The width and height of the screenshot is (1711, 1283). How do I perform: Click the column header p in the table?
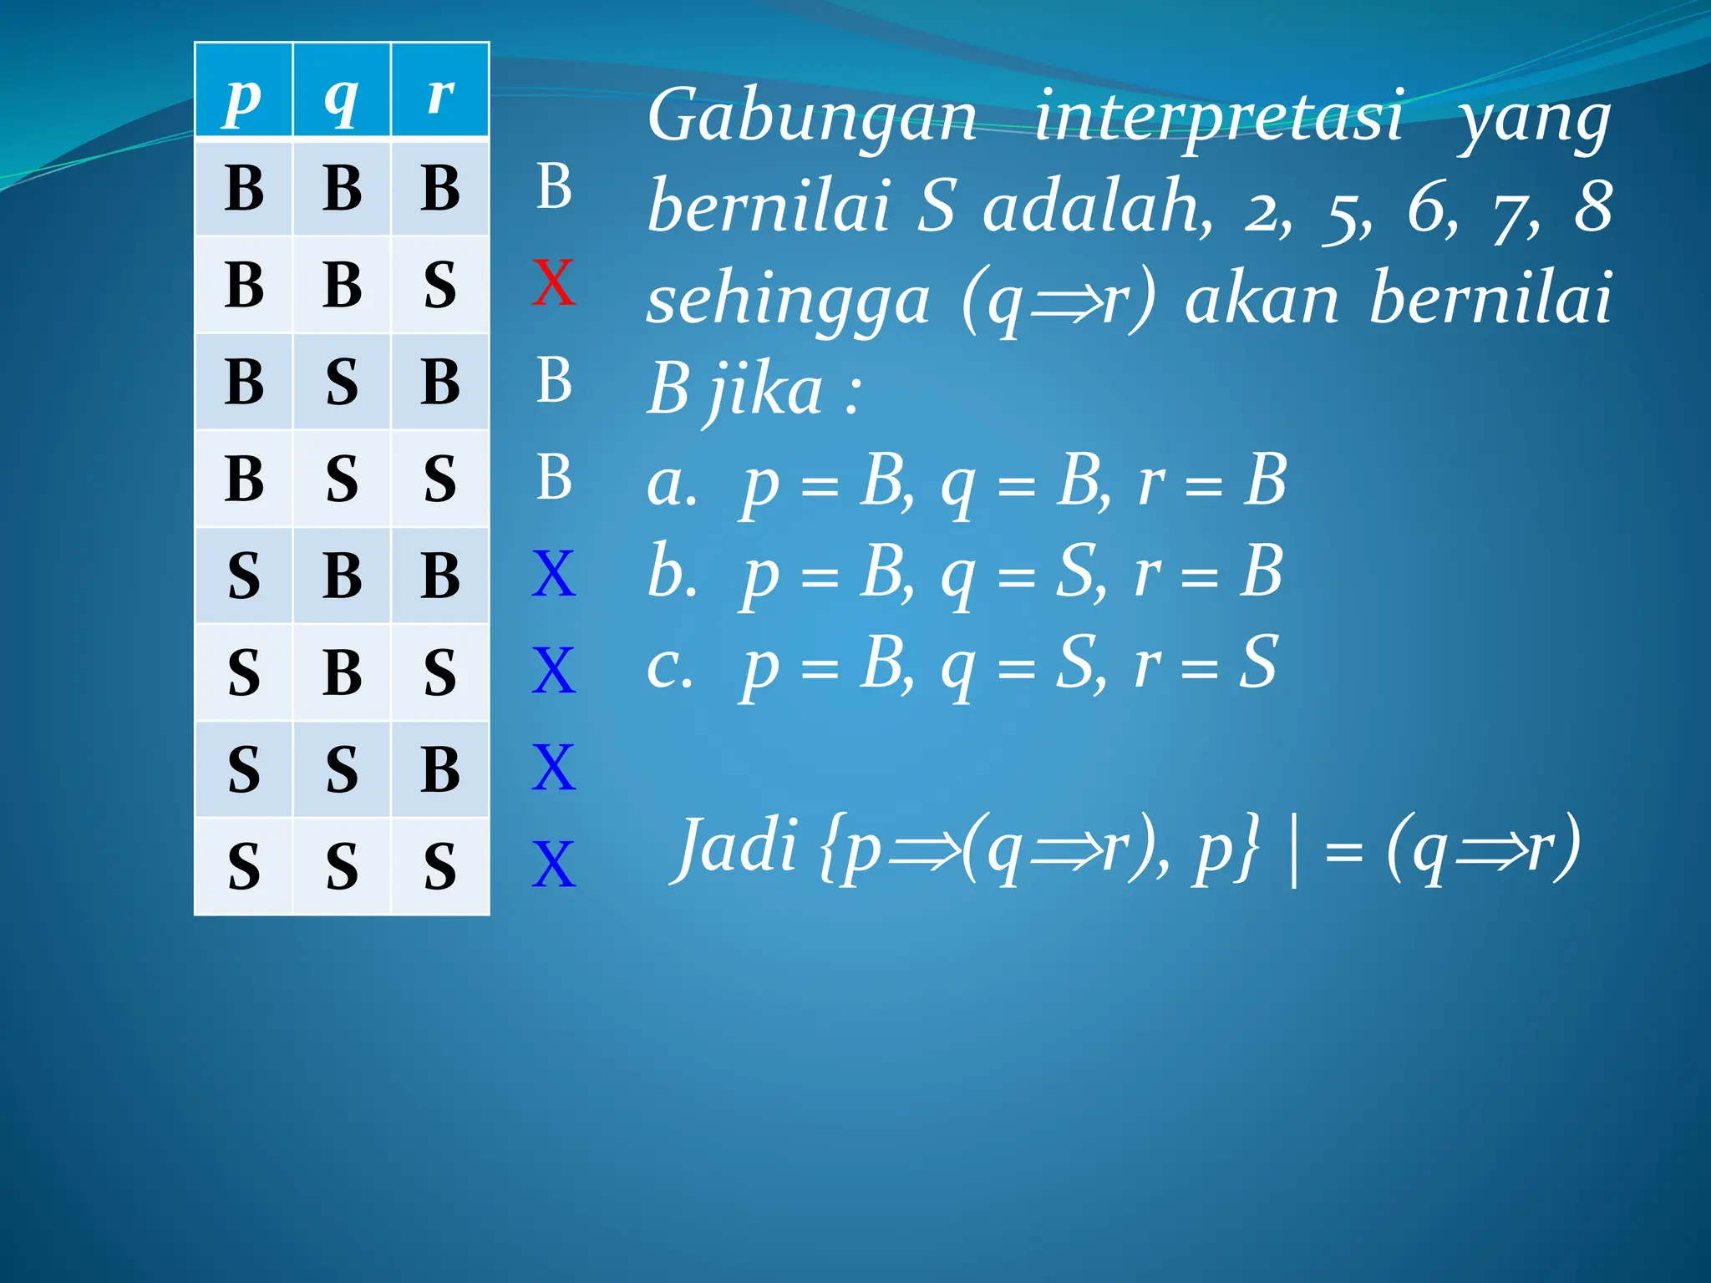243,98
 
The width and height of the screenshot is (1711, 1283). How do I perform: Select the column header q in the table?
342,98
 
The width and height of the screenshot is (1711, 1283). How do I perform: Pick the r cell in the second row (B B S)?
440,285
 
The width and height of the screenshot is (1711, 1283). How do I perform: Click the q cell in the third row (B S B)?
342,382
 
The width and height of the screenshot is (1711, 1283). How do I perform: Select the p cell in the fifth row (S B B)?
243,576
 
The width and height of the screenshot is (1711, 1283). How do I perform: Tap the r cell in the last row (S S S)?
440,866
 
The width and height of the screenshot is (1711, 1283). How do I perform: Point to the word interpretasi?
1219,117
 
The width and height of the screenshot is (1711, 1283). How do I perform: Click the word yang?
1534,121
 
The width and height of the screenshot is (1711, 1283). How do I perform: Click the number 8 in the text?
1592,206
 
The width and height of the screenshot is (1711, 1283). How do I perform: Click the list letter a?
671,484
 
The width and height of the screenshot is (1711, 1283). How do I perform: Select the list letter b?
671,573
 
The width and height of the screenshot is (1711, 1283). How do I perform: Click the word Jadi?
736,846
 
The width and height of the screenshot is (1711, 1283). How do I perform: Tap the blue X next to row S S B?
553,768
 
